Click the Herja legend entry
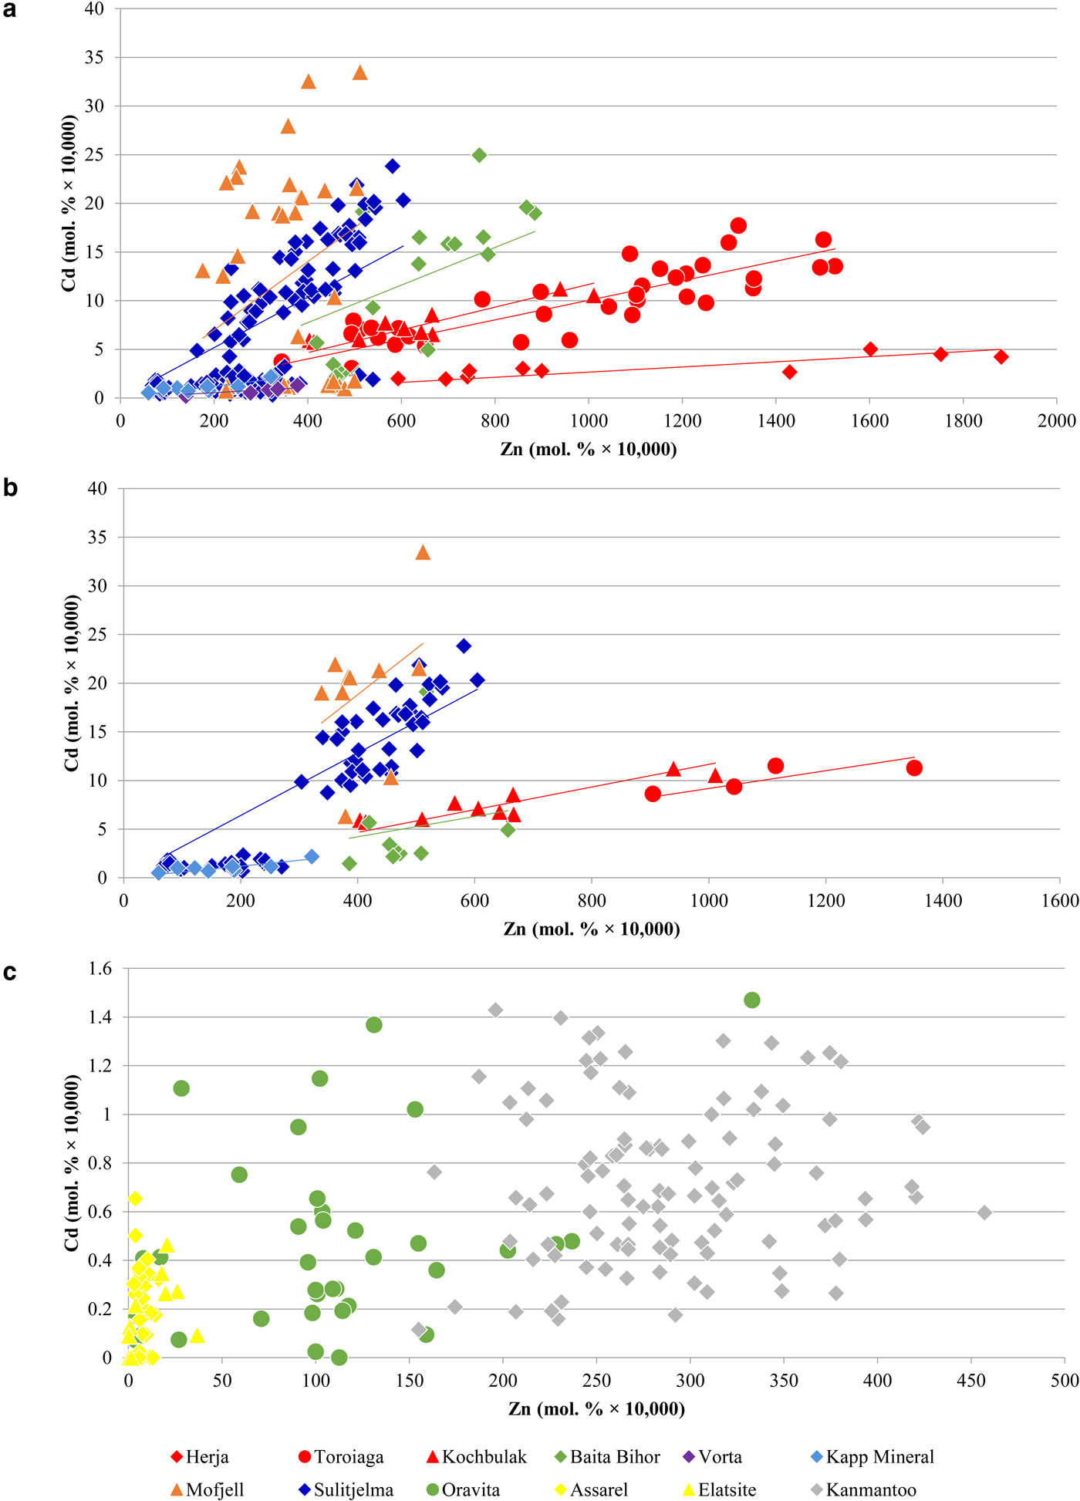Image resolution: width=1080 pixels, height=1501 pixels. [x=200, y=1457]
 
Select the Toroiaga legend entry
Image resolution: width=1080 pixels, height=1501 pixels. [x=340, y=1457]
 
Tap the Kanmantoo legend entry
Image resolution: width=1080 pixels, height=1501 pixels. [x=864, y=1489]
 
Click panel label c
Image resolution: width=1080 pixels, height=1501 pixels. [x=10, y=972]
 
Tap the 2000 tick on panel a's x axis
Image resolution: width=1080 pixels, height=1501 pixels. [x=1056, y=421]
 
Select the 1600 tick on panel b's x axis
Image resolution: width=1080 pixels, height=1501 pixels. [x=1059, y=901]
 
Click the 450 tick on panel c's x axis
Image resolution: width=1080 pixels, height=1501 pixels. [x=970, y=1381]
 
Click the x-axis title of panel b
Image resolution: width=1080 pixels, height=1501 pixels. [x=592, y=929]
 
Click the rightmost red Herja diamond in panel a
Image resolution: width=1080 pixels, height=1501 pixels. [x=1001, y=356]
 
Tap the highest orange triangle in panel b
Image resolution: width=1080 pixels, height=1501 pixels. [x=423, y=553]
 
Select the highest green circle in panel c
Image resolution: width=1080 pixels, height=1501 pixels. [x=752, y=1000]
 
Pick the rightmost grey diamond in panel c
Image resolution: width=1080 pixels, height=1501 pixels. [x=984, y=1213]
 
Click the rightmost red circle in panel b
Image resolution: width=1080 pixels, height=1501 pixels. [x=914, y=767]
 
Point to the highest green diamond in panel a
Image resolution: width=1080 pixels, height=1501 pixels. [x=479, y=155]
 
